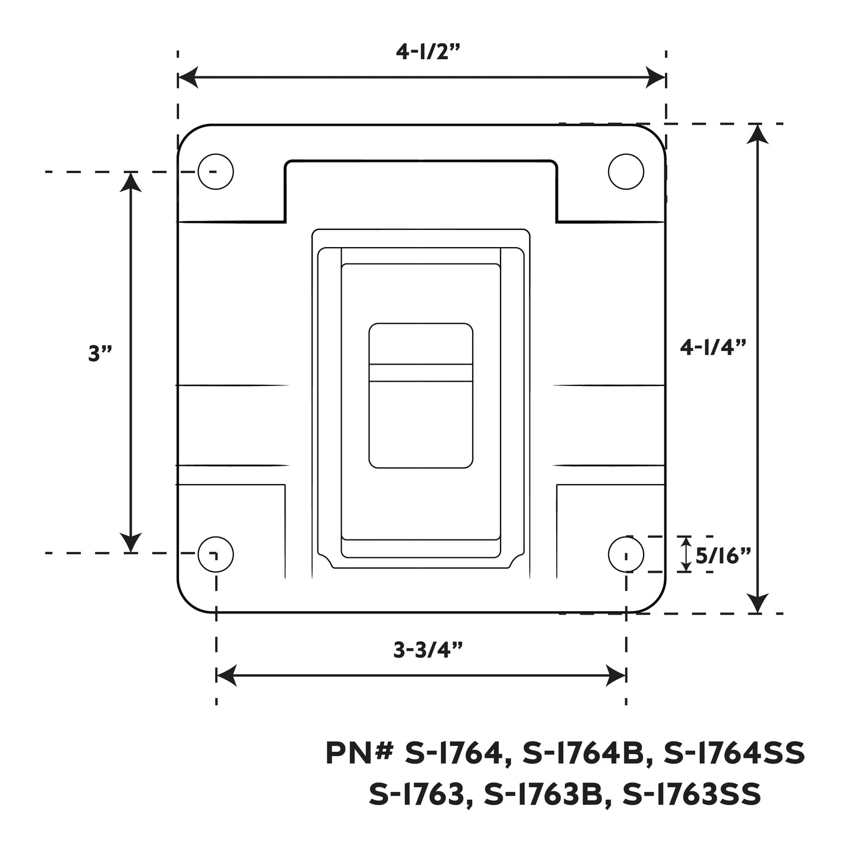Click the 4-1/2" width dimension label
tap(427, 52)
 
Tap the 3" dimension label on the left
tap(100, 353)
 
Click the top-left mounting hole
tap(215, 171)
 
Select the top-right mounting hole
tap(626, 171)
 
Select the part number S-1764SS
tap(734, 754)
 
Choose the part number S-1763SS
tap(691, 794)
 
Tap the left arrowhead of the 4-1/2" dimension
tap(187, 77)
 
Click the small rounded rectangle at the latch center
tap(421, 395)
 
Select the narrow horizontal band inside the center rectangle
tap(421, 373)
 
